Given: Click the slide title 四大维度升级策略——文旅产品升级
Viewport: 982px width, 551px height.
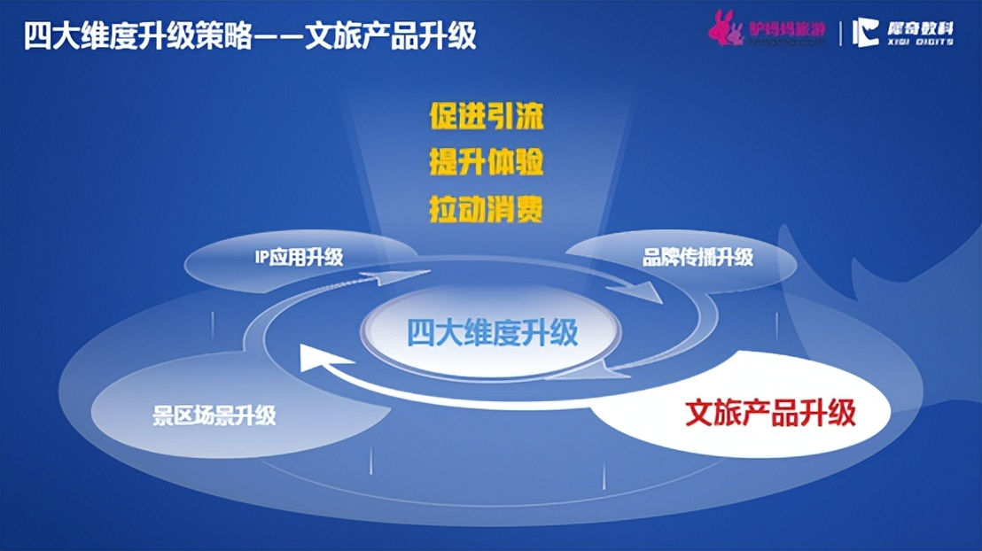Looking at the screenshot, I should (250, 35).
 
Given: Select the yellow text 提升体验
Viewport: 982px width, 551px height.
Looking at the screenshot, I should (486, 164).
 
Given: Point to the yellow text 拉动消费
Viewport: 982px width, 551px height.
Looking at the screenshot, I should (486, 211).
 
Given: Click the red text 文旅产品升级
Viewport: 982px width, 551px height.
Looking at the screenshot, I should (770, 413).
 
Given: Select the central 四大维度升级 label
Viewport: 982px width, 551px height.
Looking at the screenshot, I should (492, 332).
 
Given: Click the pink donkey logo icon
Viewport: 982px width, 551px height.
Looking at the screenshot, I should (725, 30).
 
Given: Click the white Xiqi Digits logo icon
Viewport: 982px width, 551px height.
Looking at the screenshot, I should (865, 32).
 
